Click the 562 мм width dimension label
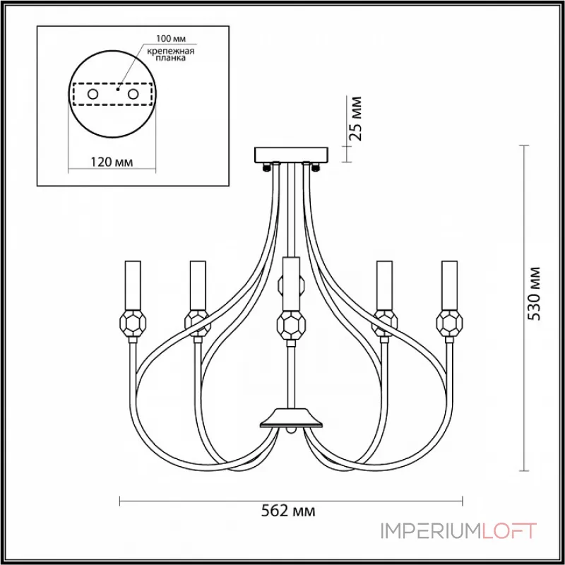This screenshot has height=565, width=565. [x=288, y=511]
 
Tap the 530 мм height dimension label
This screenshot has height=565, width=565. [x=534, y=294]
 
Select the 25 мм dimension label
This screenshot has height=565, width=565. [x=355, y=118]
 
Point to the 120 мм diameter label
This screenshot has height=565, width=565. [x=112, y=162]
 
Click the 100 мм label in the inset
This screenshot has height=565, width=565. [x=171, y=39]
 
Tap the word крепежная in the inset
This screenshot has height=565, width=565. [x=170, y=51]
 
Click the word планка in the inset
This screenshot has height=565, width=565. [x=171, y=58]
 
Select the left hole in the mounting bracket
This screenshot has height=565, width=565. [x=93, y=95]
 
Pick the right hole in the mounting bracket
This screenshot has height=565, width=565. [x=133, y=95]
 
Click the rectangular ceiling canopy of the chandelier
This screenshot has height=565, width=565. [x=291, y=155]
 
